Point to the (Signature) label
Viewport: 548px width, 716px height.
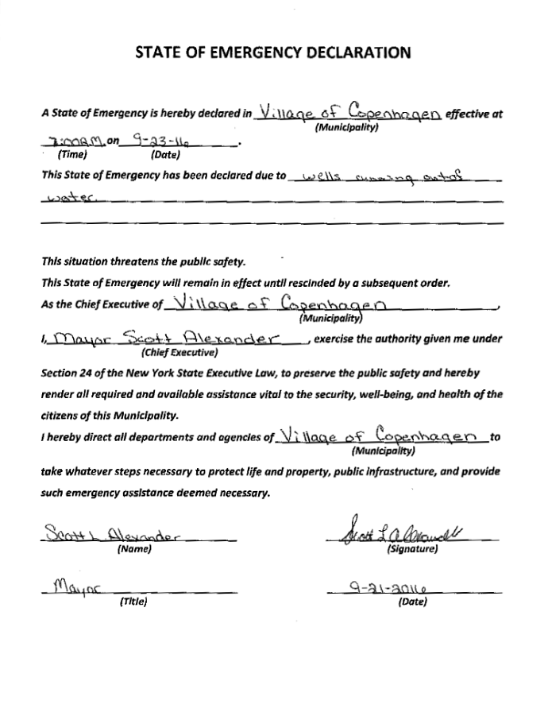tap(411, 549)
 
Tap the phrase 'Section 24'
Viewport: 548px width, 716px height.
tap(68, 373)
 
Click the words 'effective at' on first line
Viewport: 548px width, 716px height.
tap(474, 114)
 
